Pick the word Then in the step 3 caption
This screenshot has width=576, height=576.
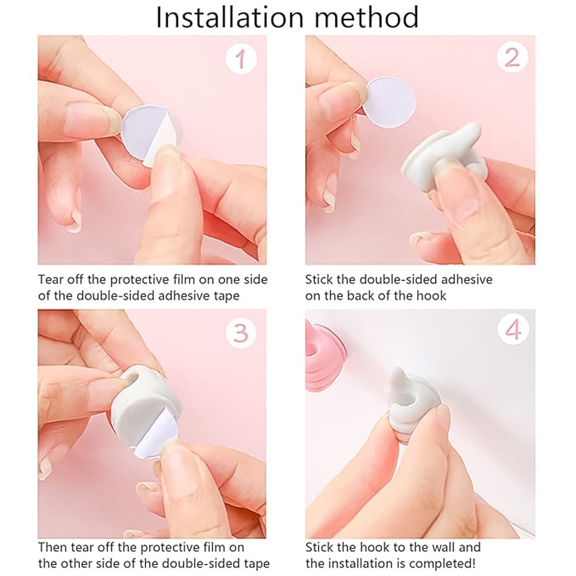[x=52, y=547]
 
